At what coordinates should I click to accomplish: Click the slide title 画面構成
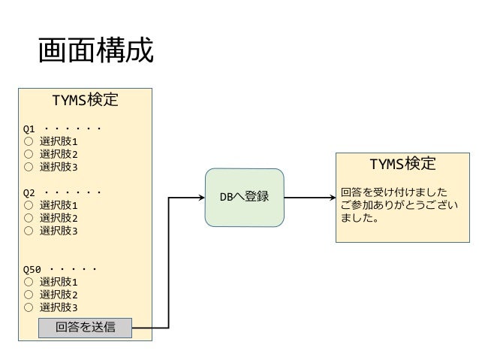click(95, 52)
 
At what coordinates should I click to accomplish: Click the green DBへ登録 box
click(245, 198)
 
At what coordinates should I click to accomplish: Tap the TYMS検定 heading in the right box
click(402, 164)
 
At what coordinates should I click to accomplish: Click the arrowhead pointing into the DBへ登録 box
click(201, 198)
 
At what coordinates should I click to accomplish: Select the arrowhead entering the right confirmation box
click(331, 198)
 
